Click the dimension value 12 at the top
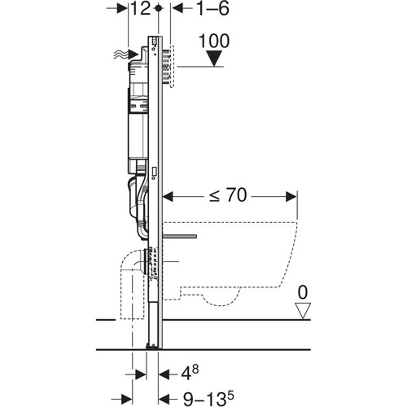(140, 8)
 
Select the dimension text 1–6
(212, 8)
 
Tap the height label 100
(214, 41)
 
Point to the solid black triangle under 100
(214, 59)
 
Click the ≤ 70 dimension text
(228, 195)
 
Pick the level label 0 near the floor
(303, 292)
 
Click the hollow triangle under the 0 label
(303, 311)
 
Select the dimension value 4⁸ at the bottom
(190, 373)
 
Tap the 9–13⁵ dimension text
(208, 398)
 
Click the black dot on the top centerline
(159, 8)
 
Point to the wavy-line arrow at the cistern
(125, 55)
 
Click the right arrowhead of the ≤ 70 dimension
(291, 197)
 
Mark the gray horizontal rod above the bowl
(180, 237)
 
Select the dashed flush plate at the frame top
(172, 66)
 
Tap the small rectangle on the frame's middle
(155, 172)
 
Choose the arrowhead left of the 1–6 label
(177, 8)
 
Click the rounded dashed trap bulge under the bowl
(221, 299)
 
